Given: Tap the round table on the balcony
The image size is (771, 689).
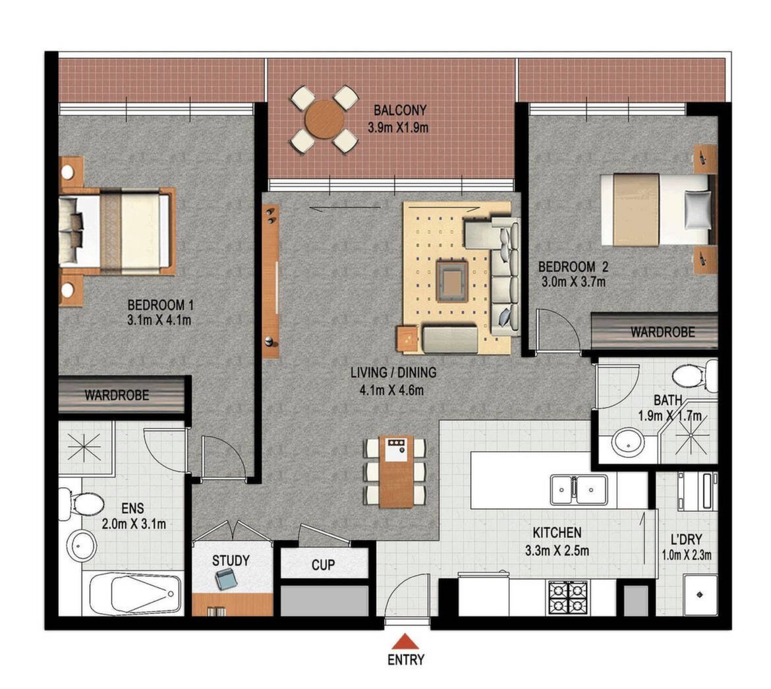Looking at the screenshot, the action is click(324, 119).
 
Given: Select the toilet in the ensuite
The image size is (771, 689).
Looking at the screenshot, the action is click(82, 504).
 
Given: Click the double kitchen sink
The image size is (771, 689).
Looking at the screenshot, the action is click(579, 489).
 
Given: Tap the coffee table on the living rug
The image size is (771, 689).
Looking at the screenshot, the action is click(452, 281).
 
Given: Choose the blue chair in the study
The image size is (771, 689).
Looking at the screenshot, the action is click(227, 578).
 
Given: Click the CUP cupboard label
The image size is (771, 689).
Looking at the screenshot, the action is click(323, 565).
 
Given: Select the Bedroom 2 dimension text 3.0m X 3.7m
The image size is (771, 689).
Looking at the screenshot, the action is click(573, 282).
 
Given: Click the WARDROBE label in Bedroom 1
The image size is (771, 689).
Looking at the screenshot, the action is click(117, 395).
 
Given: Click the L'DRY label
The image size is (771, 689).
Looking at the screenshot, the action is click(687, 539).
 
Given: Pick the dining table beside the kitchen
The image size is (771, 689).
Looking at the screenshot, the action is click(395, 472).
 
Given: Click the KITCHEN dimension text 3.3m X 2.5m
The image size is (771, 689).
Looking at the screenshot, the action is click(557, 551).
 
